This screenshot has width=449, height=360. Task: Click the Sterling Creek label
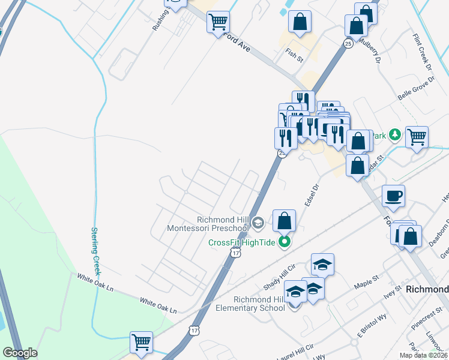95,248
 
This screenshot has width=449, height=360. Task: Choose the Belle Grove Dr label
415,88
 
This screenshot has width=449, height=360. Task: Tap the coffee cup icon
393,196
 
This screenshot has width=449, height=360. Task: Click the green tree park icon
394,134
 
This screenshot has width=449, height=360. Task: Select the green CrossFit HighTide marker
286,243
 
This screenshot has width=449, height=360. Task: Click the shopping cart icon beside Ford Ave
218,22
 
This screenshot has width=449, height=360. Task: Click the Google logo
20,353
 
